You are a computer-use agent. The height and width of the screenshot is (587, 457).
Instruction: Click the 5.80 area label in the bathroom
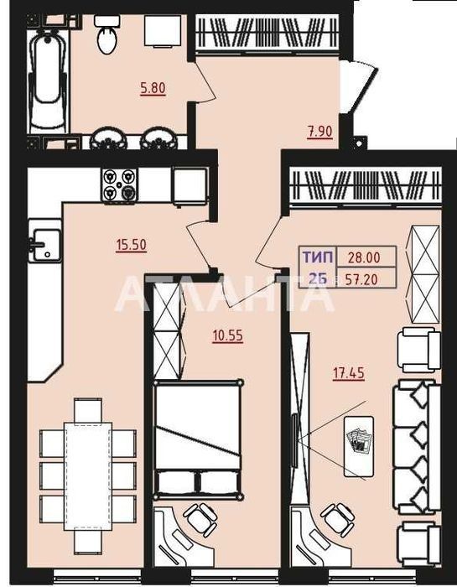pyautogui.click(x=153, y=88)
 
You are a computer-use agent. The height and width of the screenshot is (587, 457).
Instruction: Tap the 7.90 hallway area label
pyautogui.click(x=320, y=132)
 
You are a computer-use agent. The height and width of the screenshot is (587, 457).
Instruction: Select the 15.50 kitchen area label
pyautogui.click(x=131, y=245)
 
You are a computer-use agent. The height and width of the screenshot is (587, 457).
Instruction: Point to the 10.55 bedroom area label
pyautogui.click(x=227, y=335)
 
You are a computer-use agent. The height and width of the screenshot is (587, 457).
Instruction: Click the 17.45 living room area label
pyautogui.click(x=349, y=373)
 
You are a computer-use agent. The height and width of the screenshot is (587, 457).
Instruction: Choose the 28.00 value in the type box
pyautogui.click(x=364, y=257)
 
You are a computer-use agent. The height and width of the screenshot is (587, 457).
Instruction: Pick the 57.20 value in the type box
pyautogui.click(x=361, y=279)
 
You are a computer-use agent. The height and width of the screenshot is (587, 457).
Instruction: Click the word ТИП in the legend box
pyautogui.click(x=318, y=257)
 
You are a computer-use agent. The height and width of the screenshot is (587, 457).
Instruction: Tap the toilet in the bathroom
pyautogui.click(x=107, y=34)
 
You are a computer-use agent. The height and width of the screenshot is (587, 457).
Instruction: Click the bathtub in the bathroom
pyautogui.click(x=49, y=81)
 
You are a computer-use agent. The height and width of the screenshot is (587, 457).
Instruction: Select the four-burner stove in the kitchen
pyautogui.click(x=119, y=185)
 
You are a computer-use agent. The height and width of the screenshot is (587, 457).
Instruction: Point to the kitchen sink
pyautogui.click(x=44, y=244)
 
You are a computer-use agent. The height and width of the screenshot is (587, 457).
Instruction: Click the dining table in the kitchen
pyautogui.click(x=88, y=475)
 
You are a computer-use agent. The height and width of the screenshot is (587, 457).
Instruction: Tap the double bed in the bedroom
pyautogui.click(x=198, y=440)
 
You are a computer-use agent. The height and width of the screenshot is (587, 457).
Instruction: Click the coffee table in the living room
pyautogui.click(x=359, y=446)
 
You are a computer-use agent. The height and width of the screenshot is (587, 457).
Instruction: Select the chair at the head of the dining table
pyautogui.click(x=88, y=411)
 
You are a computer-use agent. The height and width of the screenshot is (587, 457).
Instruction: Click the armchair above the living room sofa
pyautogui.click(x=418, y=350)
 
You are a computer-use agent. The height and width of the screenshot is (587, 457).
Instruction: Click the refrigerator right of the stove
pyautogui.click(x=190, y=186)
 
